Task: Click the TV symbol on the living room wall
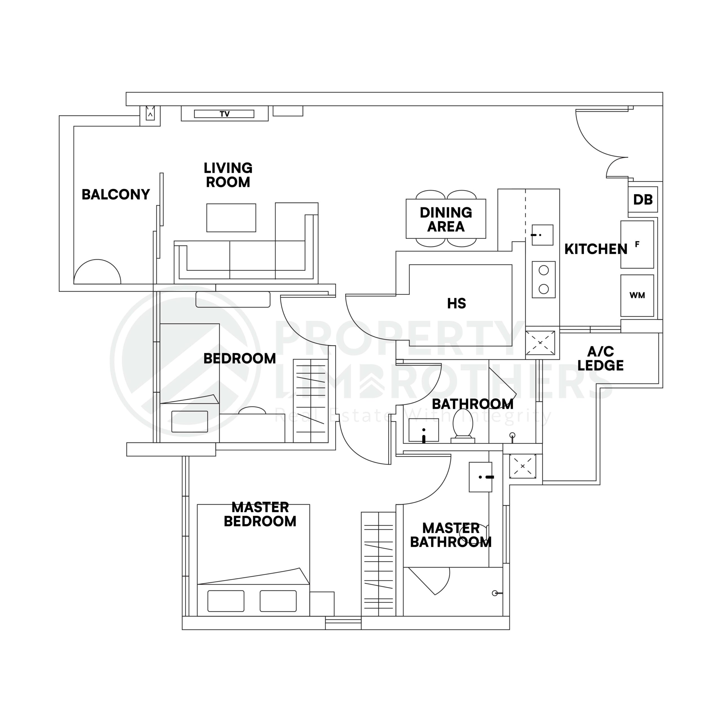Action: [224, 114]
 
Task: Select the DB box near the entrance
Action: [643, 200]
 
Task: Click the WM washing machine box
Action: [637, 296]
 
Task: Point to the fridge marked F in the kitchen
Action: [637, 245]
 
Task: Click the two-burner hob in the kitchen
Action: [544, 279]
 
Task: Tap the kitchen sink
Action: [542, 235]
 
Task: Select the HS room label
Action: [456, 303]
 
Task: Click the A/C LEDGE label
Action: [600, 358]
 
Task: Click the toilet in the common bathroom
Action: [463, 425]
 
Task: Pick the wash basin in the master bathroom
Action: [481, 477]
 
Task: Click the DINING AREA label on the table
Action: [446, 219]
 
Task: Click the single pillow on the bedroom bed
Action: [190, 422]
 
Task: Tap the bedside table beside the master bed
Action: [322, 604]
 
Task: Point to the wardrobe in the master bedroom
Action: [378, 564]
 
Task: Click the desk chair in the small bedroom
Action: [252, 410]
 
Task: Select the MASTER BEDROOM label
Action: [260, 515]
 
